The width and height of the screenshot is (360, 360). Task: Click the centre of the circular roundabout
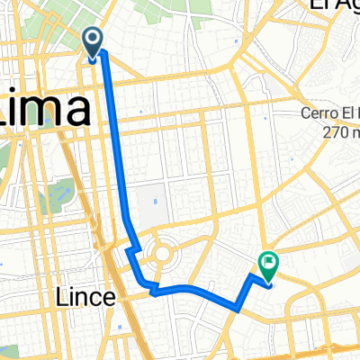pyautogui.click(x=163, y=253)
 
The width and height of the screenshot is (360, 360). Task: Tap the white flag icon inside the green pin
pyautogui.click(x=268, y=262)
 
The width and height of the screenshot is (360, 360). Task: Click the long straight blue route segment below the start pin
pyautogui.click(x=114, y=135)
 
